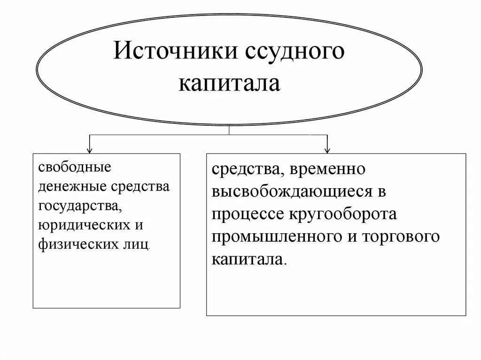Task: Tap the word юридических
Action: [85, 225]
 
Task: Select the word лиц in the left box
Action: [140, 245]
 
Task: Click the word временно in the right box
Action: [328, 169]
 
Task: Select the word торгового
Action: [401, 237]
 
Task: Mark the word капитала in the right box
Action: [248, 259]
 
